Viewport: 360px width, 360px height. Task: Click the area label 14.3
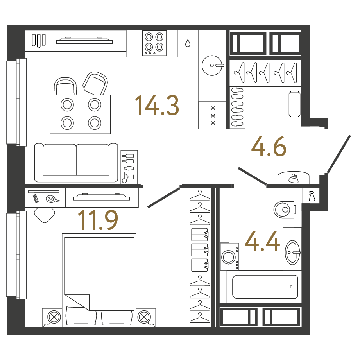pyautogui.click(x=157, y=105)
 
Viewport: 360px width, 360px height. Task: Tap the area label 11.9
pyautogui.click(x=98, y=220)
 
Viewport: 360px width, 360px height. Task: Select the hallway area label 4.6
pyautogui.click(x=269, y=146)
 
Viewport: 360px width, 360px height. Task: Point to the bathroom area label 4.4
pyautogui.click(x=262, y=241)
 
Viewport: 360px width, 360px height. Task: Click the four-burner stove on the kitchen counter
pyautogui.click(x=154, y=43)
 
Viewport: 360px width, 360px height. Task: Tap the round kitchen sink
pyautogui.click(x=212, y=65)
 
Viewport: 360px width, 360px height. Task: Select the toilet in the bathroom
pyautogui.click(x=284, y=210)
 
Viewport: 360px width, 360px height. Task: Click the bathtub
pyautogui.click(x=265, y=287)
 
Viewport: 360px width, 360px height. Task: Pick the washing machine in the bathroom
pyautogui.click(x=229, y=256)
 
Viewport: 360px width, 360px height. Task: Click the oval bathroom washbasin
pyautogui.click(x=293, y=253)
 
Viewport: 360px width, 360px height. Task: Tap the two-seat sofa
pyautogui.click(x=76, y=163)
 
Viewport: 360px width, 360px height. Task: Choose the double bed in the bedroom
pyautogui.click(x=99, y=280)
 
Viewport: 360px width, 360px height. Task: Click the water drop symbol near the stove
pyautogui.click(x=188, y=43)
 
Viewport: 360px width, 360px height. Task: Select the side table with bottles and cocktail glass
pyautogui.click(x=129, y=167)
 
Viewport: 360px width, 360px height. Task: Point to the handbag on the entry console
pyautogui.click(x=294, y=179)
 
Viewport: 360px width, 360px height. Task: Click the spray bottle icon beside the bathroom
pyautogui.click(x=312, y=196)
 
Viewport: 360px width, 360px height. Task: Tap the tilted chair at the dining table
pyautogui.click(x=95, y=83)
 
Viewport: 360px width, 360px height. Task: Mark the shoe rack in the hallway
pyautogui.click(x=237, y=107)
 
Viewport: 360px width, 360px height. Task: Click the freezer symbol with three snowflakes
pyautogui.click(x=213, y=115)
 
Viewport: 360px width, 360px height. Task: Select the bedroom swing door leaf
pyautogui.click(x=163, y=198)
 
